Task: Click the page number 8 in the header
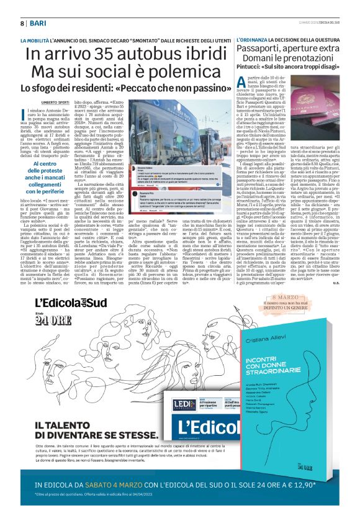pyautogui.click(x=22, y=23)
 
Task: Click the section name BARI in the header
pyautogui.click(x=38, y=23)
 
